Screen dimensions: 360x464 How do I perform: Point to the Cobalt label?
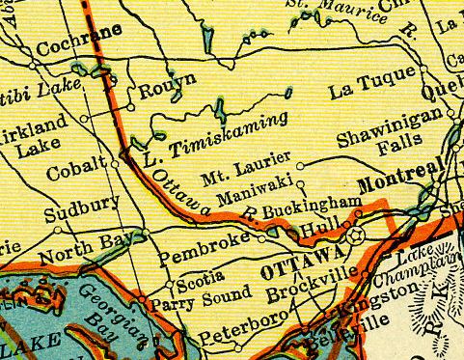[x=74, y=173]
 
